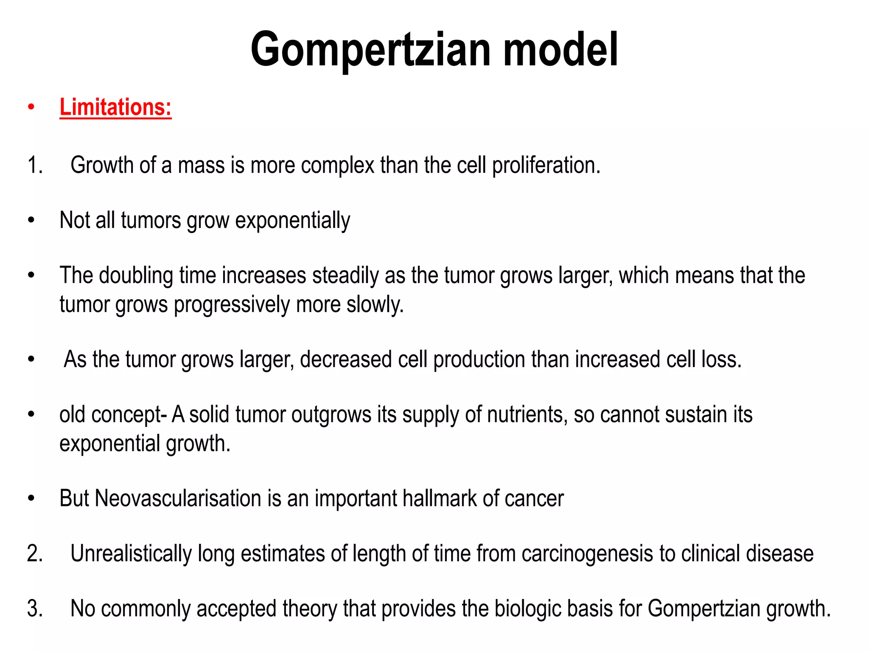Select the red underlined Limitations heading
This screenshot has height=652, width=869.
115,107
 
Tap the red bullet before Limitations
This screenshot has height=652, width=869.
31,107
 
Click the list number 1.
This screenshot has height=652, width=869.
35,165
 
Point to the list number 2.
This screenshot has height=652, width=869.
35,554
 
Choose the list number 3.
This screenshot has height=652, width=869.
35,608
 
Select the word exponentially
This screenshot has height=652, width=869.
293,220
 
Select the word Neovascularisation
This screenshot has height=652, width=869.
178,498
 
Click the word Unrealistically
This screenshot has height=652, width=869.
131,554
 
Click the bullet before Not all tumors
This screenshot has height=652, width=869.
31,220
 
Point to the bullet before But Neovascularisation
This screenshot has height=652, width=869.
31,498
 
